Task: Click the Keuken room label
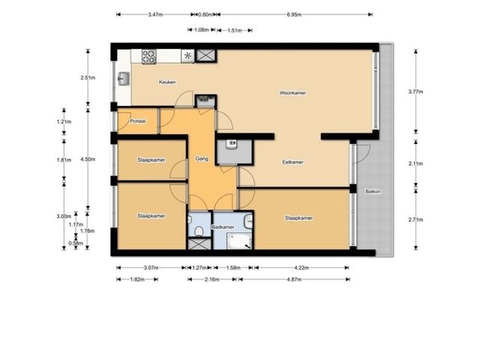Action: tap(167, 82)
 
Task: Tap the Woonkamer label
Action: tap(292, 93)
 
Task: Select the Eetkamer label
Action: tap(292, 162)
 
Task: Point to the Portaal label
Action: tap(137, 121)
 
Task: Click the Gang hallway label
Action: tap(202, 158)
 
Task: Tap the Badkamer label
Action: tap(223, 227)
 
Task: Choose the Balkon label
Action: tap(373, 192)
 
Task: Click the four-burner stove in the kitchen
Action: tap(149, 57)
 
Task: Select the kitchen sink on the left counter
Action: tap(124, 79)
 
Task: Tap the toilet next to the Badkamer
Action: tap(199, 231)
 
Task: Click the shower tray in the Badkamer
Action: tap(239, 241)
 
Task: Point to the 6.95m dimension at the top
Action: tap(294, 14)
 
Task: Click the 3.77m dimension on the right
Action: tap(415, 91)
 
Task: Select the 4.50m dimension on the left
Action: tap(88, 159)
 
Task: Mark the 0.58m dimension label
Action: tap(76, 243)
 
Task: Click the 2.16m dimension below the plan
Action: tap(211, 279)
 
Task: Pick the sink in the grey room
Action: tap(232, 144)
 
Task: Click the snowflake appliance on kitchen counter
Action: tap(187, 56)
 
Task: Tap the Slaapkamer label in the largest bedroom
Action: tap(298, 218)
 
